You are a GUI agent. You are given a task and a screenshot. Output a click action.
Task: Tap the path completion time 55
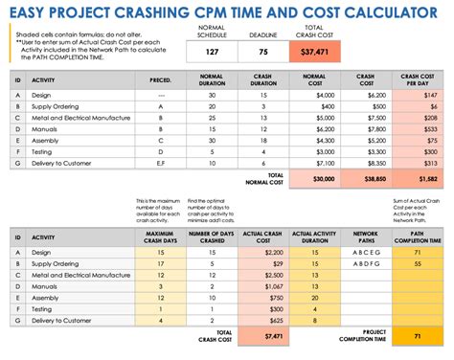pyautogui.click(x=419, y=264)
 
